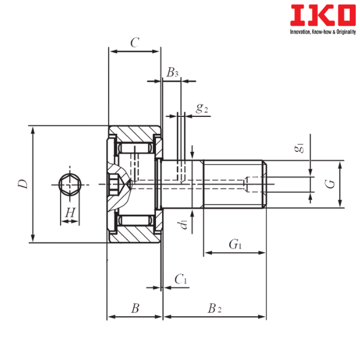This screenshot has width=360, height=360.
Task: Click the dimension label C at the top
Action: pyautogui.click(x=134, y=43)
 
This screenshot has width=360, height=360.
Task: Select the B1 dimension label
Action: pyautogui.click(x=172, y=73)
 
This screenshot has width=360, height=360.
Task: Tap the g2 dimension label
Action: pyautogui.click(x=201, y=109)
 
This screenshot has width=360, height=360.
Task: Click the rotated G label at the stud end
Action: pyautogui.click(x=328, y=184)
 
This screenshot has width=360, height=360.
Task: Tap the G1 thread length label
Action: pyautogui.click(x=235, y=244)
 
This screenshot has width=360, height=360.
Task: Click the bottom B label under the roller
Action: pyautogui.click(x=135, y=308)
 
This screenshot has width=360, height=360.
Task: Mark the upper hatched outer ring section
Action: pyautogui.click(x=135, y=131)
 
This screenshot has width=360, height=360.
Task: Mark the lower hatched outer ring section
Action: pyautogui.click(x=135, y=236)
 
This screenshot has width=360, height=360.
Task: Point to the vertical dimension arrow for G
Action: pyautogui.click(x=341, y=184)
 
